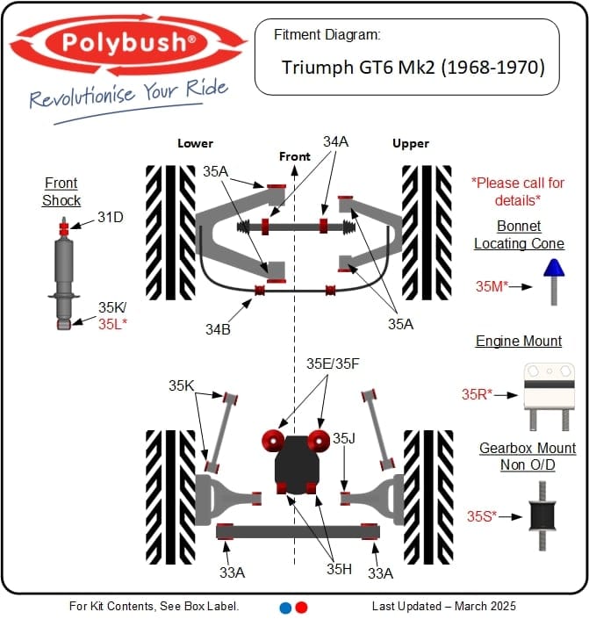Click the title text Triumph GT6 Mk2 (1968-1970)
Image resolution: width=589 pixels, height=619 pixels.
click(x=413, y=67)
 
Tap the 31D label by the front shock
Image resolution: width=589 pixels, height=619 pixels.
click(x=110, y=216)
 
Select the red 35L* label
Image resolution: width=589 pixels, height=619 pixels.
click(x=113, y=323)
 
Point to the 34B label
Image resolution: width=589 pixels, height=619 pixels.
click(x=219, y=329)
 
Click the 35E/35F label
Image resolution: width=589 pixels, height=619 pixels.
click(x=334, y=363)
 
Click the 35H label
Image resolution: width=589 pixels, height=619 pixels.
click(x=340, y=568)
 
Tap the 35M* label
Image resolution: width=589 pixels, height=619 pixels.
click(x=492, y=285)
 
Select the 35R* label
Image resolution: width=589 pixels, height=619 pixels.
click(x=479, y=394)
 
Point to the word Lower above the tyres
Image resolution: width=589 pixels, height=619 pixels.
click(x=195, y=143)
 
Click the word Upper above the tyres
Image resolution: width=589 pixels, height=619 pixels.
click(x=411, y=143)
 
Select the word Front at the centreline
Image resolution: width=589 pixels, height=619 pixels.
click(x=295, y=156)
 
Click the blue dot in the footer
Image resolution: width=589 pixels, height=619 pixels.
click(x=284, y=607)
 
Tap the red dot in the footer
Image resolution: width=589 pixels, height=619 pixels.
click(x=301, y=607)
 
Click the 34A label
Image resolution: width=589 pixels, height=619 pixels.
click(x=335, y=141)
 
